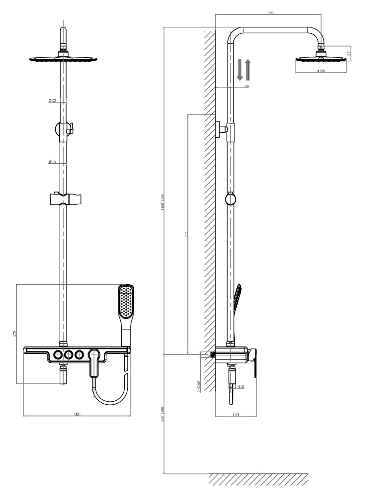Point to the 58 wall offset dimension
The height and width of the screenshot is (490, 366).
click(x=246, y=86)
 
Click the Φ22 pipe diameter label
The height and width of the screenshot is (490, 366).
click(x=52, y=100)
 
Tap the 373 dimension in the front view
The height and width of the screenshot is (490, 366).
click(x=15, y=334)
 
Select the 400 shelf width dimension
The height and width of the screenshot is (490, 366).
click(x=77, y=414)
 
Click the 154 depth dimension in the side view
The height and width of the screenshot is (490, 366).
click(x=235, y=415)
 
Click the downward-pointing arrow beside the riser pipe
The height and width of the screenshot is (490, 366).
click(x=240, y=69)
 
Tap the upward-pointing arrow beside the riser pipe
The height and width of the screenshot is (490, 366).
click(x=248, y=69)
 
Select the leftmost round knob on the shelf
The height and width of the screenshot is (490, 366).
click(x=59, y=354)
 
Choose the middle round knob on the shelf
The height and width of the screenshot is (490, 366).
click(x=69, y=354)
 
